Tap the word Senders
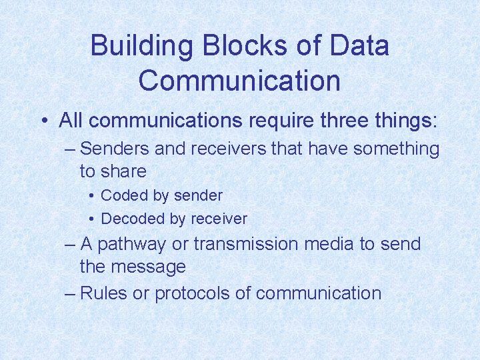pyautogui.click(x=115, y=149)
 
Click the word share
pyautogui.click(x=123, y=171)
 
